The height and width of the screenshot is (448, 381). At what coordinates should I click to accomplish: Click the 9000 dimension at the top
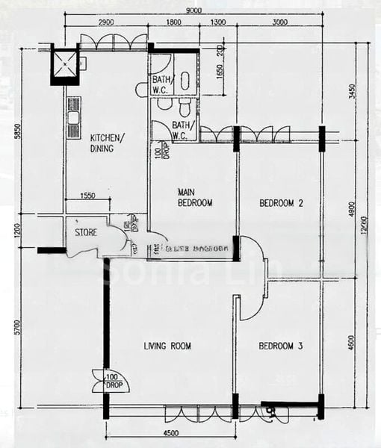193,10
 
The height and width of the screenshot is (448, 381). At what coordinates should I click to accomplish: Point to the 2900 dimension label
105,23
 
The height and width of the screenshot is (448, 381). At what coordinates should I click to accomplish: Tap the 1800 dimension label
173,23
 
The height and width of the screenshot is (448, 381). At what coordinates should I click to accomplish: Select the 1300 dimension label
217,23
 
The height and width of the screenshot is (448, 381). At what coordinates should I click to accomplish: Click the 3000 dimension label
280,23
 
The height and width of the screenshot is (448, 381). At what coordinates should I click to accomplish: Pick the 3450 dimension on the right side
353,91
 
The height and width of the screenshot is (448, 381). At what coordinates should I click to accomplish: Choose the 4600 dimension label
353,343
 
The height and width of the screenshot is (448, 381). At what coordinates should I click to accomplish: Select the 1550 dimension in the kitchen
87,195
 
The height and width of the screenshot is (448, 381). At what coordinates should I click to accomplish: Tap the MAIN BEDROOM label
194,197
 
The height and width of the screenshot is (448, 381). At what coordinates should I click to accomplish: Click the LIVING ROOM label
167,346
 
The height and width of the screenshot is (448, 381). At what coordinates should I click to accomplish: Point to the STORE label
85,233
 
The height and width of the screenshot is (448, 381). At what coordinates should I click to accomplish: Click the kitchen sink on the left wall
73,118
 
